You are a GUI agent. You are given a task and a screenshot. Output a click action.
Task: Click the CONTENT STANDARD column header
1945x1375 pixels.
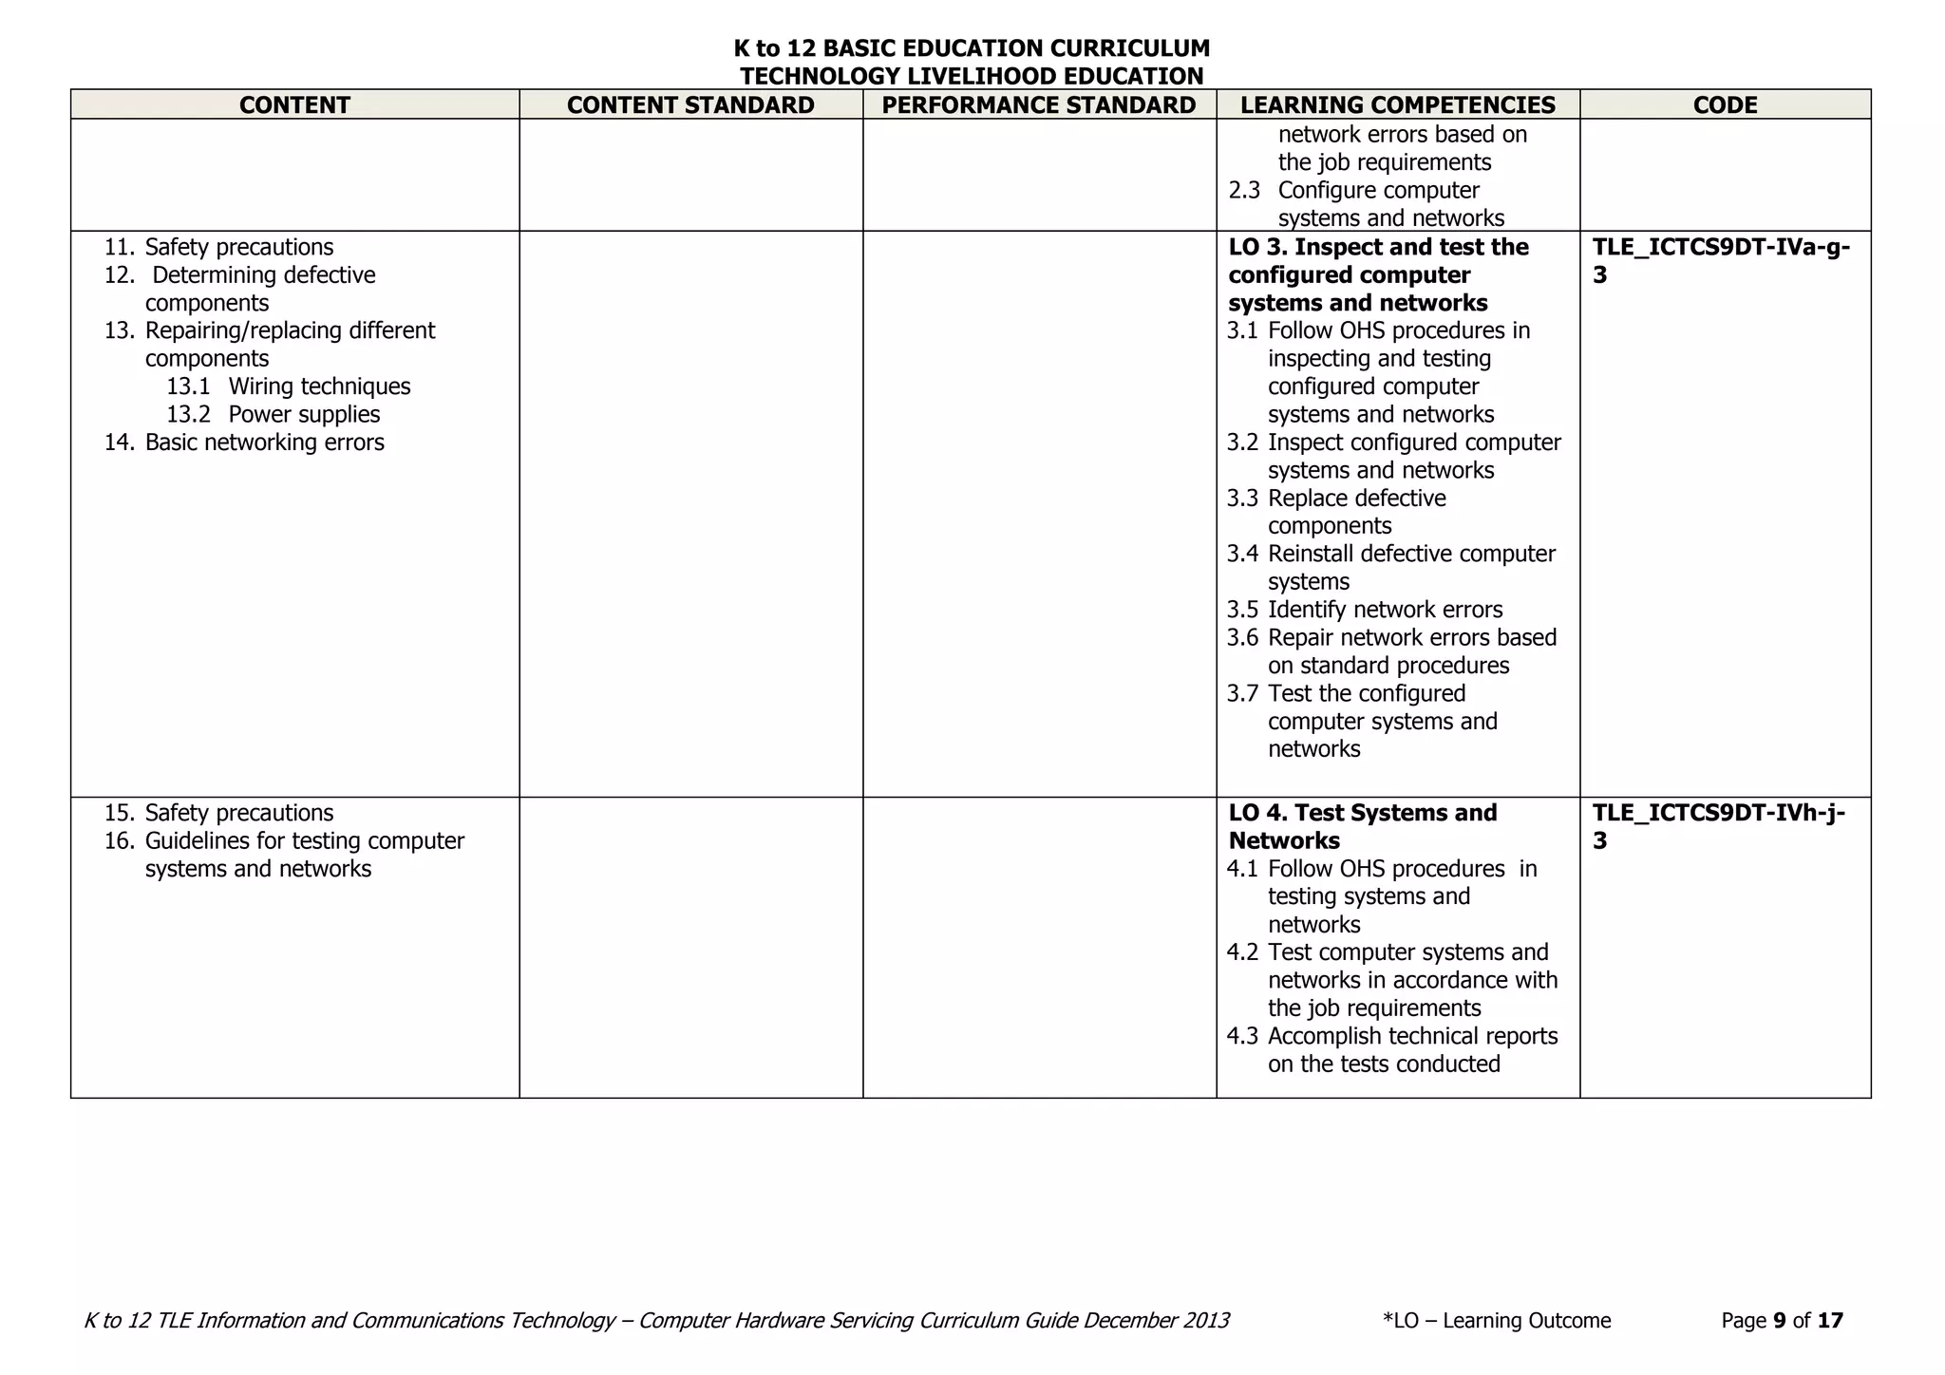click(x=690, y=104)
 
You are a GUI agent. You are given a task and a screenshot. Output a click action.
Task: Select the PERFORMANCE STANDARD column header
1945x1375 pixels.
click(x=1039, y=104)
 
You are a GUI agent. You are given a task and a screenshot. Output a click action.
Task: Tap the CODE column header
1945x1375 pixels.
click(x=1725, y=104)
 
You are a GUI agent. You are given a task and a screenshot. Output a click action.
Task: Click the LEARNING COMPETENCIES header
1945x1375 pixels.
click(x=1398, y=104)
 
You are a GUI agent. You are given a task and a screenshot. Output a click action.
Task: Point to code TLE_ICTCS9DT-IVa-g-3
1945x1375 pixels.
click(x=1720, y=260)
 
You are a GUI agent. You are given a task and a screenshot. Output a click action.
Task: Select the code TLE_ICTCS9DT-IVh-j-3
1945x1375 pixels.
click(x=1718, y=826)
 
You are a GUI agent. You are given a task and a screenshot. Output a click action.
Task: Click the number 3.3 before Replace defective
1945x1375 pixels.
click(x=1242, y=499)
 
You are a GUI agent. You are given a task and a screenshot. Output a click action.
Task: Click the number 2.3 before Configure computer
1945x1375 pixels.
click(x=1244, y=191)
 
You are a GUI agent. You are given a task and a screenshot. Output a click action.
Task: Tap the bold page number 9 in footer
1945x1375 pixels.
click(x=1779, y=1321)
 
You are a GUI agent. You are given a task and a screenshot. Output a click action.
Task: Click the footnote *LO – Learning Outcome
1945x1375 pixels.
click(x=1497, y=1321)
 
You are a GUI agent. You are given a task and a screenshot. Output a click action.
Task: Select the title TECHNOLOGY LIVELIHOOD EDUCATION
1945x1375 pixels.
click(x=972, y=76)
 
